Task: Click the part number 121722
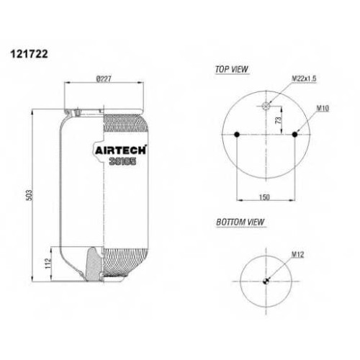pos(29,54)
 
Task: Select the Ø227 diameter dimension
pos(104,78)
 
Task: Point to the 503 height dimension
pos(29,195)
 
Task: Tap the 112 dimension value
pos(48,264)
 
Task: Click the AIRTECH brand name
pos(120,150)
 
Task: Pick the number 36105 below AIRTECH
pos(122,161)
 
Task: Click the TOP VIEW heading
pos(232,69)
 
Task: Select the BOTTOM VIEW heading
pos(240,222)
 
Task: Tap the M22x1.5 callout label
pos(304,78)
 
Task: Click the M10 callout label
pos(323,109)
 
